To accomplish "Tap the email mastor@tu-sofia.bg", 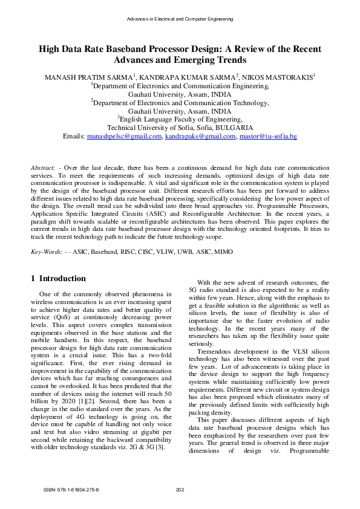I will click(x=268, y=137).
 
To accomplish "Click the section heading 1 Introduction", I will click(x=58, y=279).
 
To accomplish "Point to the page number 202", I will click(x=180, y=490).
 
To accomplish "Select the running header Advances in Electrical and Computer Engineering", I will click(x=180, y=19).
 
